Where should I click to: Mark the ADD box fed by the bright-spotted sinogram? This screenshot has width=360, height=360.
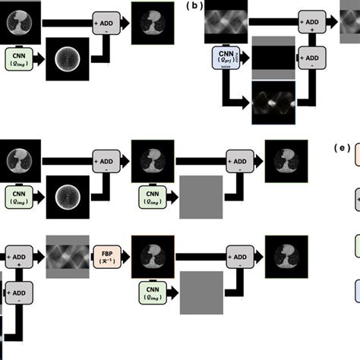(310, 58)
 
